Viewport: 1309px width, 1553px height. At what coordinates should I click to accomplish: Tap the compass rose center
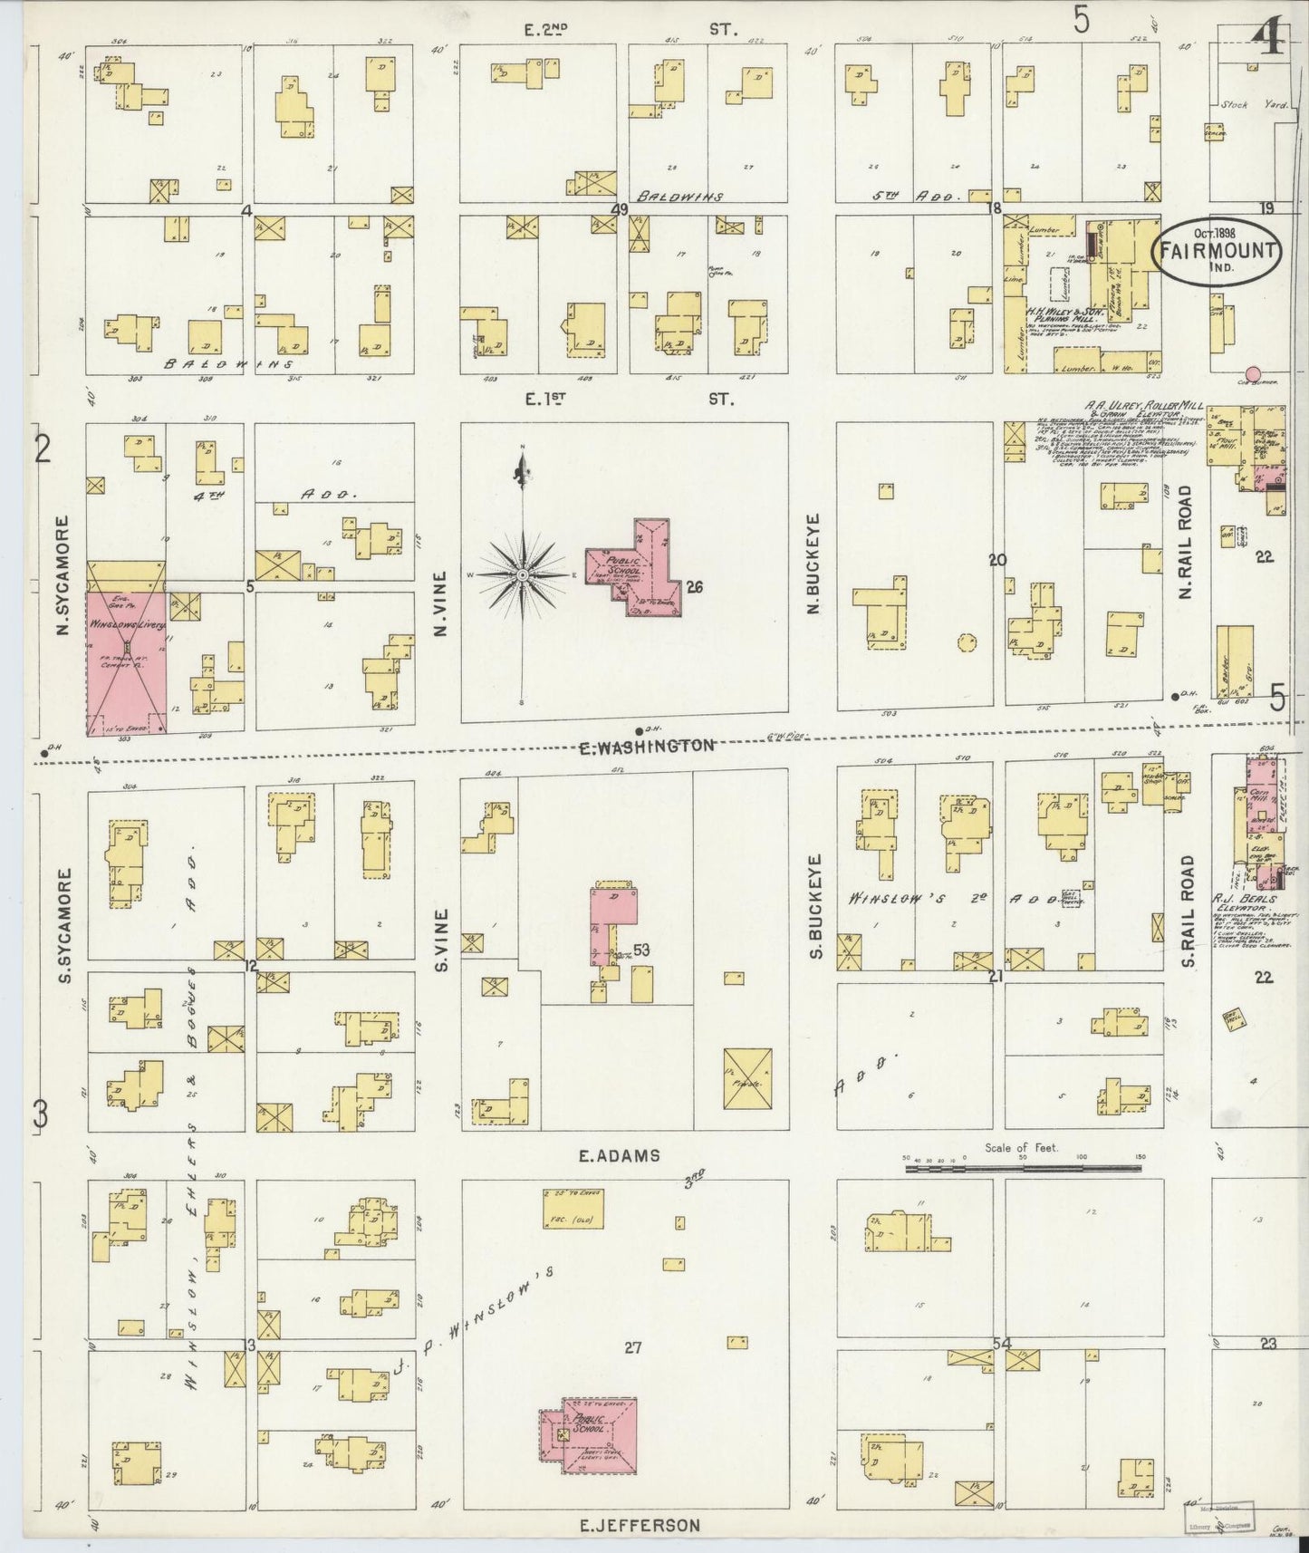point(523,575)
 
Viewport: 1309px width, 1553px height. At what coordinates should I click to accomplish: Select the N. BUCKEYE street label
point(813,564)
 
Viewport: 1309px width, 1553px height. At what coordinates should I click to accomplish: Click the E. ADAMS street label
point(620,1156)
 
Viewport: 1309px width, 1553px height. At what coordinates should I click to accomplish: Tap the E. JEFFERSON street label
point(640,1526)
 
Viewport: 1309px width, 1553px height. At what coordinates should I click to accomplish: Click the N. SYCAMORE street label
point(63,575)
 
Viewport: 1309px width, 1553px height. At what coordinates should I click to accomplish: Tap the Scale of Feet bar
point(1024,1170)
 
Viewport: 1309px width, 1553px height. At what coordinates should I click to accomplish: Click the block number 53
point(642,950)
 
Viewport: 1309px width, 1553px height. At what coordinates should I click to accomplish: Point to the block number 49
point(620,209)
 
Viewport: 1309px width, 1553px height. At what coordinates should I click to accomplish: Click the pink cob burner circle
point(1254,373)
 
